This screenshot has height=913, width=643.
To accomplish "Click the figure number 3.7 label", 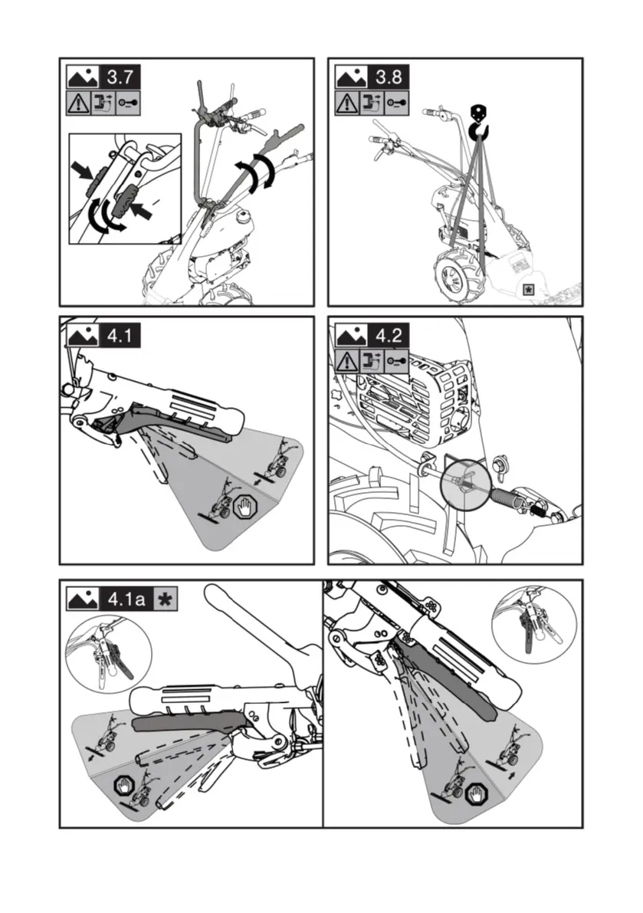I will (x=123, y=77).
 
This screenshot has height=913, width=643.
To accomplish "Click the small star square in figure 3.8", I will (x=529, y=290).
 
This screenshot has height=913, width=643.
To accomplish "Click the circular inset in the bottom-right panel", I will (x=528, y=625).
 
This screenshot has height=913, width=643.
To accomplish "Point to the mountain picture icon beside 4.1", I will (x=83, y=336).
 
